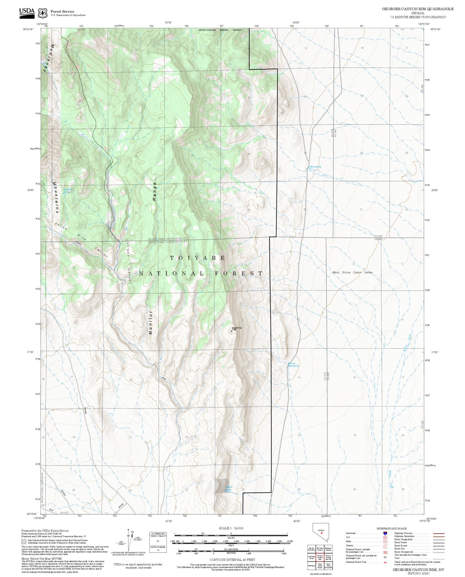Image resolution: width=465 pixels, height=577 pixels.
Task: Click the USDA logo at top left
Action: coord(27,12)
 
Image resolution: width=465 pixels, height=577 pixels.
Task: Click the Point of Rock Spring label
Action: coord(293,365)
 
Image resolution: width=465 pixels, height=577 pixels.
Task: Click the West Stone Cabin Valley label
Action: coord(352,272)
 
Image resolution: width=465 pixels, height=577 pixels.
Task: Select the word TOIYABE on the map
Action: coord(198,258)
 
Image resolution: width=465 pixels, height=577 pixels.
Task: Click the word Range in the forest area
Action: coord(154,192)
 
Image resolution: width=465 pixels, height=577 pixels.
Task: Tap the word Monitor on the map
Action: coord(151,323)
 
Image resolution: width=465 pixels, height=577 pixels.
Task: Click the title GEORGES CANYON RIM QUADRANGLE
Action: coord(418,9)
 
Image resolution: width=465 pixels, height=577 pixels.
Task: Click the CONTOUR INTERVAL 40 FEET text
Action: coord(232,560)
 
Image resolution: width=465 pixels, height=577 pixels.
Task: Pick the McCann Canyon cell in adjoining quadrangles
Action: coord(320,548)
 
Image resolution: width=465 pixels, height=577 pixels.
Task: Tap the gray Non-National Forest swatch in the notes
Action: coord(24,542)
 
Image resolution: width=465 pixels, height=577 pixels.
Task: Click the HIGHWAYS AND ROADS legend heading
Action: coord(392,529)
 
